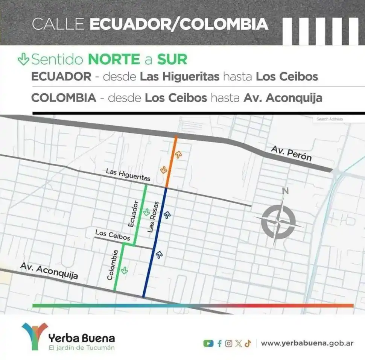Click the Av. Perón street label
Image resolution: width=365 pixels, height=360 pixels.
(291, 153)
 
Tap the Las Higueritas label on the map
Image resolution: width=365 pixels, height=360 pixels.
(128, 175)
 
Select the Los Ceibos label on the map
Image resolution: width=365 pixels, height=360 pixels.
(113, 235)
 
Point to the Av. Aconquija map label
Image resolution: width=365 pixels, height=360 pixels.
(49, 270)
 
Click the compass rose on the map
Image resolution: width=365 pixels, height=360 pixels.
(278, 222)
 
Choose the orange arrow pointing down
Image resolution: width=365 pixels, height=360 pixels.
(164, 170)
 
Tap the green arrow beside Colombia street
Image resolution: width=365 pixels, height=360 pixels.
(124, 269)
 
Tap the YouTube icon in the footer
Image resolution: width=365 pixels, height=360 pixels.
(208, 343)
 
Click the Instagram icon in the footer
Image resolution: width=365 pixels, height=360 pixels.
(229, 343)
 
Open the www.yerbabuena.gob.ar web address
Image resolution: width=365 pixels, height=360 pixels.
(307, 343)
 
